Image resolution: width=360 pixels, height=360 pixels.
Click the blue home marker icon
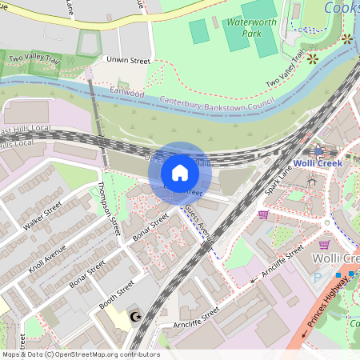click(x=180, y=173)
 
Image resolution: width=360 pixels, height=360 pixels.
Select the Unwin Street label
click(x=128, y=60)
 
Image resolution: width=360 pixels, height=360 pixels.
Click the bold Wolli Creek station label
click(x=318, y=163)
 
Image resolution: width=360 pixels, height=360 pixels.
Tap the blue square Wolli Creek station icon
click(x=318, y=150)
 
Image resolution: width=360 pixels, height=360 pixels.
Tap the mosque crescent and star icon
click(x=134, y=317)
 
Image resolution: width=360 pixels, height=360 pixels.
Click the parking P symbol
click(x=318, y=278)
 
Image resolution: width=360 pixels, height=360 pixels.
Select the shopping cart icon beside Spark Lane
click(x=263, y=214)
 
